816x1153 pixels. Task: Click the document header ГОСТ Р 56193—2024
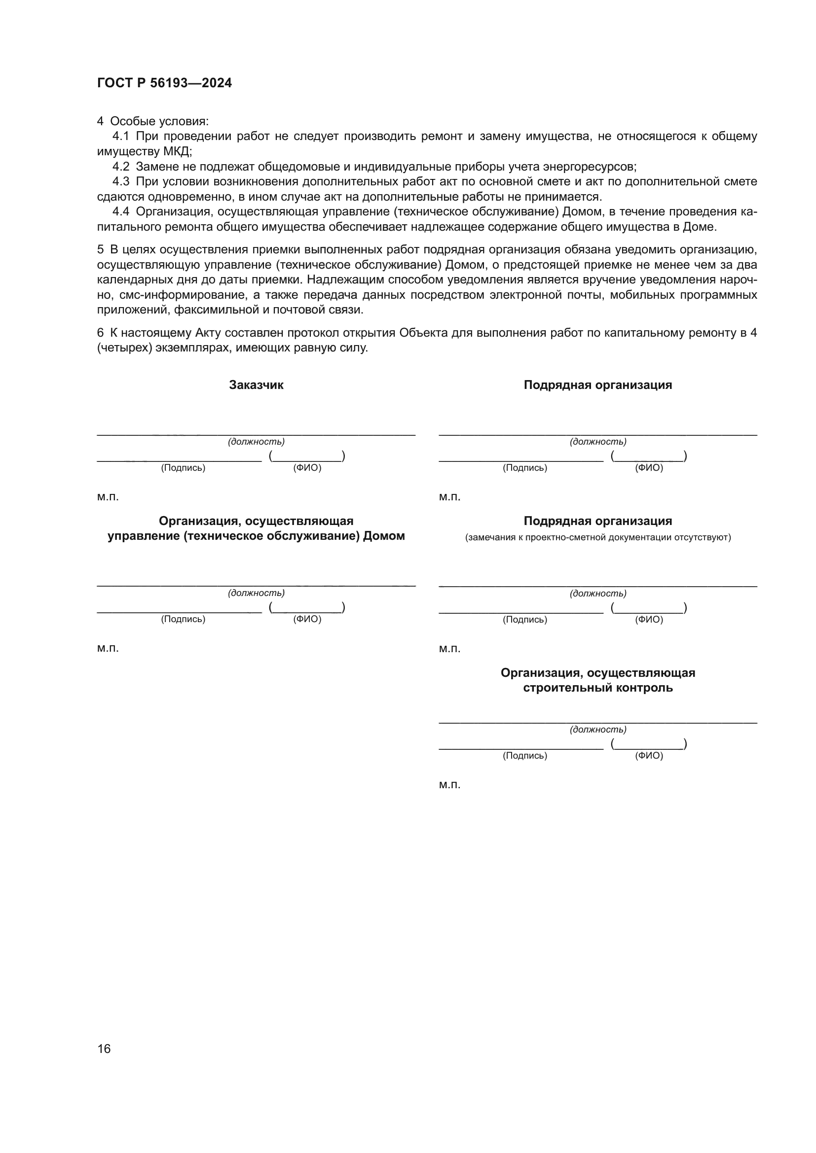coord(164,83)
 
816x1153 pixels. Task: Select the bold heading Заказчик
coord(256,385)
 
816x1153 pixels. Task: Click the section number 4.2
coord(120,167)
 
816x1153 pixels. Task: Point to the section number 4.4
coord(120,212)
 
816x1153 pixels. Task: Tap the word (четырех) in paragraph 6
coord(124,348)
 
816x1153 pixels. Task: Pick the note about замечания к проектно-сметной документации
coord(597,538)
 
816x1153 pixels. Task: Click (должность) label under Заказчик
coord(256,442)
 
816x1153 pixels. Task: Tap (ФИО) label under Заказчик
coord(307,468)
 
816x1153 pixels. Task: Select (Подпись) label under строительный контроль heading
coord(524,756)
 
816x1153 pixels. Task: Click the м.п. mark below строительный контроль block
coord(449,785)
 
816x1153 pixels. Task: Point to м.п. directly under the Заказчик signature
coord(108,497)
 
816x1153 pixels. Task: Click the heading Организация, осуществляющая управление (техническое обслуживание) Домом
coord(256,528)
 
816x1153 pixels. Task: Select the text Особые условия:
coord(159,122)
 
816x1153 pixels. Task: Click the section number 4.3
coord(120,182)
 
